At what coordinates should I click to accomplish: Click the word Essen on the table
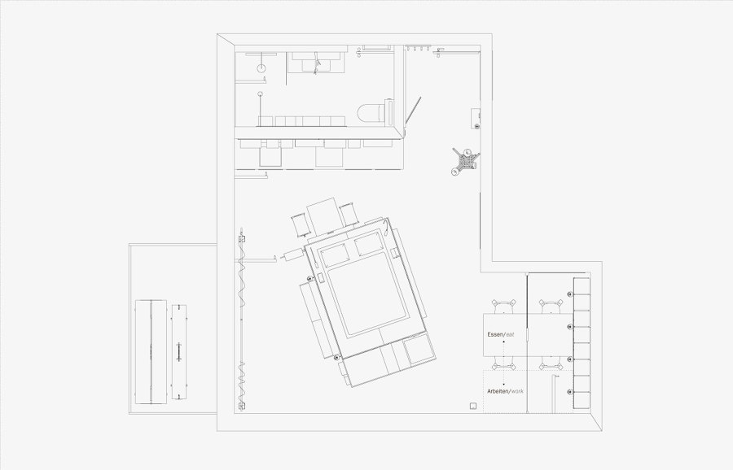495,335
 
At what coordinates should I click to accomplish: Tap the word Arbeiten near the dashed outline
498,391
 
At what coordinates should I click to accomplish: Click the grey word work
517,391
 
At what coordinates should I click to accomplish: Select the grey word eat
510,335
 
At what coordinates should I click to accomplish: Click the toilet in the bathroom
375,112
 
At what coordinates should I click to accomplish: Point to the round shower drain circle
261,68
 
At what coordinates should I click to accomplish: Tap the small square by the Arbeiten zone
473,406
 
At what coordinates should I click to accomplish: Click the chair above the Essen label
504,307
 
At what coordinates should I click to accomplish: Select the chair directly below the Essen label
504,363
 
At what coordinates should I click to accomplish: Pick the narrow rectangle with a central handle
179,352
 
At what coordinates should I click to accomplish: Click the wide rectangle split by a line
151,352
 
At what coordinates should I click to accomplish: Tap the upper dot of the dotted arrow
504,342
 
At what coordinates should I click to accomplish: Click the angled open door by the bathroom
413,111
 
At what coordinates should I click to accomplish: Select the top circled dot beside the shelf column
570,294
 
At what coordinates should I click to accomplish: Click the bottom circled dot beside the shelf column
570,392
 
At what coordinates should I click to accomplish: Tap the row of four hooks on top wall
418,48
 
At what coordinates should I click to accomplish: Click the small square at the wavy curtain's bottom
241,406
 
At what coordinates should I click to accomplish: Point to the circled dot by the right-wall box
476,126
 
